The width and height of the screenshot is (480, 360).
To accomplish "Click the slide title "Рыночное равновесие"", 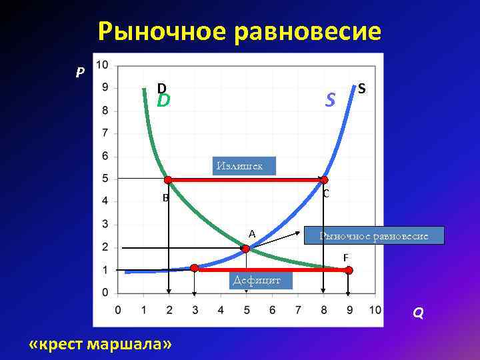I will coord(239,31).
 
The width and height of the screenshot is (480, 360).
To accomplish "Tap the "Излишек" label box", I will coord(244,165).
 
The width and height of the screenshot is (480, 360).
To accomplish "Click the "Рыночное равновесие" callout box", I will coord(373,236).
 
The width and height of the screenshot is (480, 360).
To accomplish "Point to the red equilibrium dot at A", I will coord(245,248).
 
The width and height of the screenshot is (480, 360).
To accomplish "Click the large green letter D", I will coord(163,101).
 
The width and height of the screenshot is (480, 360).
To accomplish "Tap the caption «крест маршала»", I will coord(101,343).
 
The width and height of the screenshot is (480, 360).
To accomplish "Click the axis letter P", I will coord(80,72).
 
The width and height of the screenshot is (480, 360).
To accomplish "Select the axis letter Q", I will coord(417,313).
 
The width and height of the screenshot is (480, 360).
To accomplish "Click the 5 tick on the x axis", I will coord(246,310).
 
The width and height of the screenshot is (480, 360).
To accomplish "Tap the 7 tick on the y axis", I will coord(105,133).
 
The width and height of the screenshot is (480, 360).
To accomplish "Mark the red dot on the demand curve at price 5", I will coord(169,180).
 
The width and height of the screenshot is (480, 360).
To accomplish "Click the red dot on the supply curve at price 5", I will coord(324,180).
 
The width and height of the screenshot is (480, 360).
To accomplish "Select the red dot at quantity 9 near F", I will coord(349,270).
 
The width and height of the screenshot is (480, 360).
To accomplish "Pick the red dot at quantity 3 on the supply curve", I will coord(194,268).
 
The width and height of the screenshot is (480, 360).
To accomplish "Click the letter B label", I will coord(165,198).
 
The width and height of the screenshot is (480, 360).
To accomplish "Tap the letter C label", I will coord(325,194).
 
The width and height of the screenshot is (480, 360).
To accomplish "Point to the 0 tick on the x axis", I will coord(118,310).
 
